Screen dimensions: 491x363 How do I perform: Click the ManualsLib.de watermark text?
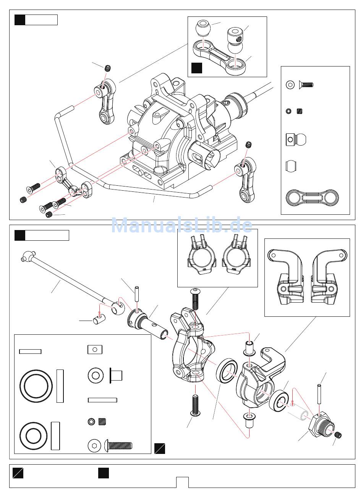[181, 225]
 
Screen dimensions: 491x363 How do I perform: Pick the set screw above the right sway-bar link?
[250, 145]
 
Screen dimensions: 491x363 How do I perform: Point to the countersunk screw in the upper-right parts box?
[305, 85]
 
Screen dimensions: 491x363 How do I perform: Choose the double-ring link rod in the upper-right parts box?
[312, 198]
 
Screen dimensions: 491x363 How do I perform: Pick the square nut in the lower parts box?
[95, 349]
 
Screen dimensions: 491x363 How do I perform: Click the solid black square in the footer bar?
[103, 473]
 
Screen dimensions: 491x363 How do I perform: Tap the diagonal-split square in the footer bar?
[18, 473]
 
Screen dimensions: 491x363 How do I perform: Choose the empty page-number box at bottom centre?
[182, 482]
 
